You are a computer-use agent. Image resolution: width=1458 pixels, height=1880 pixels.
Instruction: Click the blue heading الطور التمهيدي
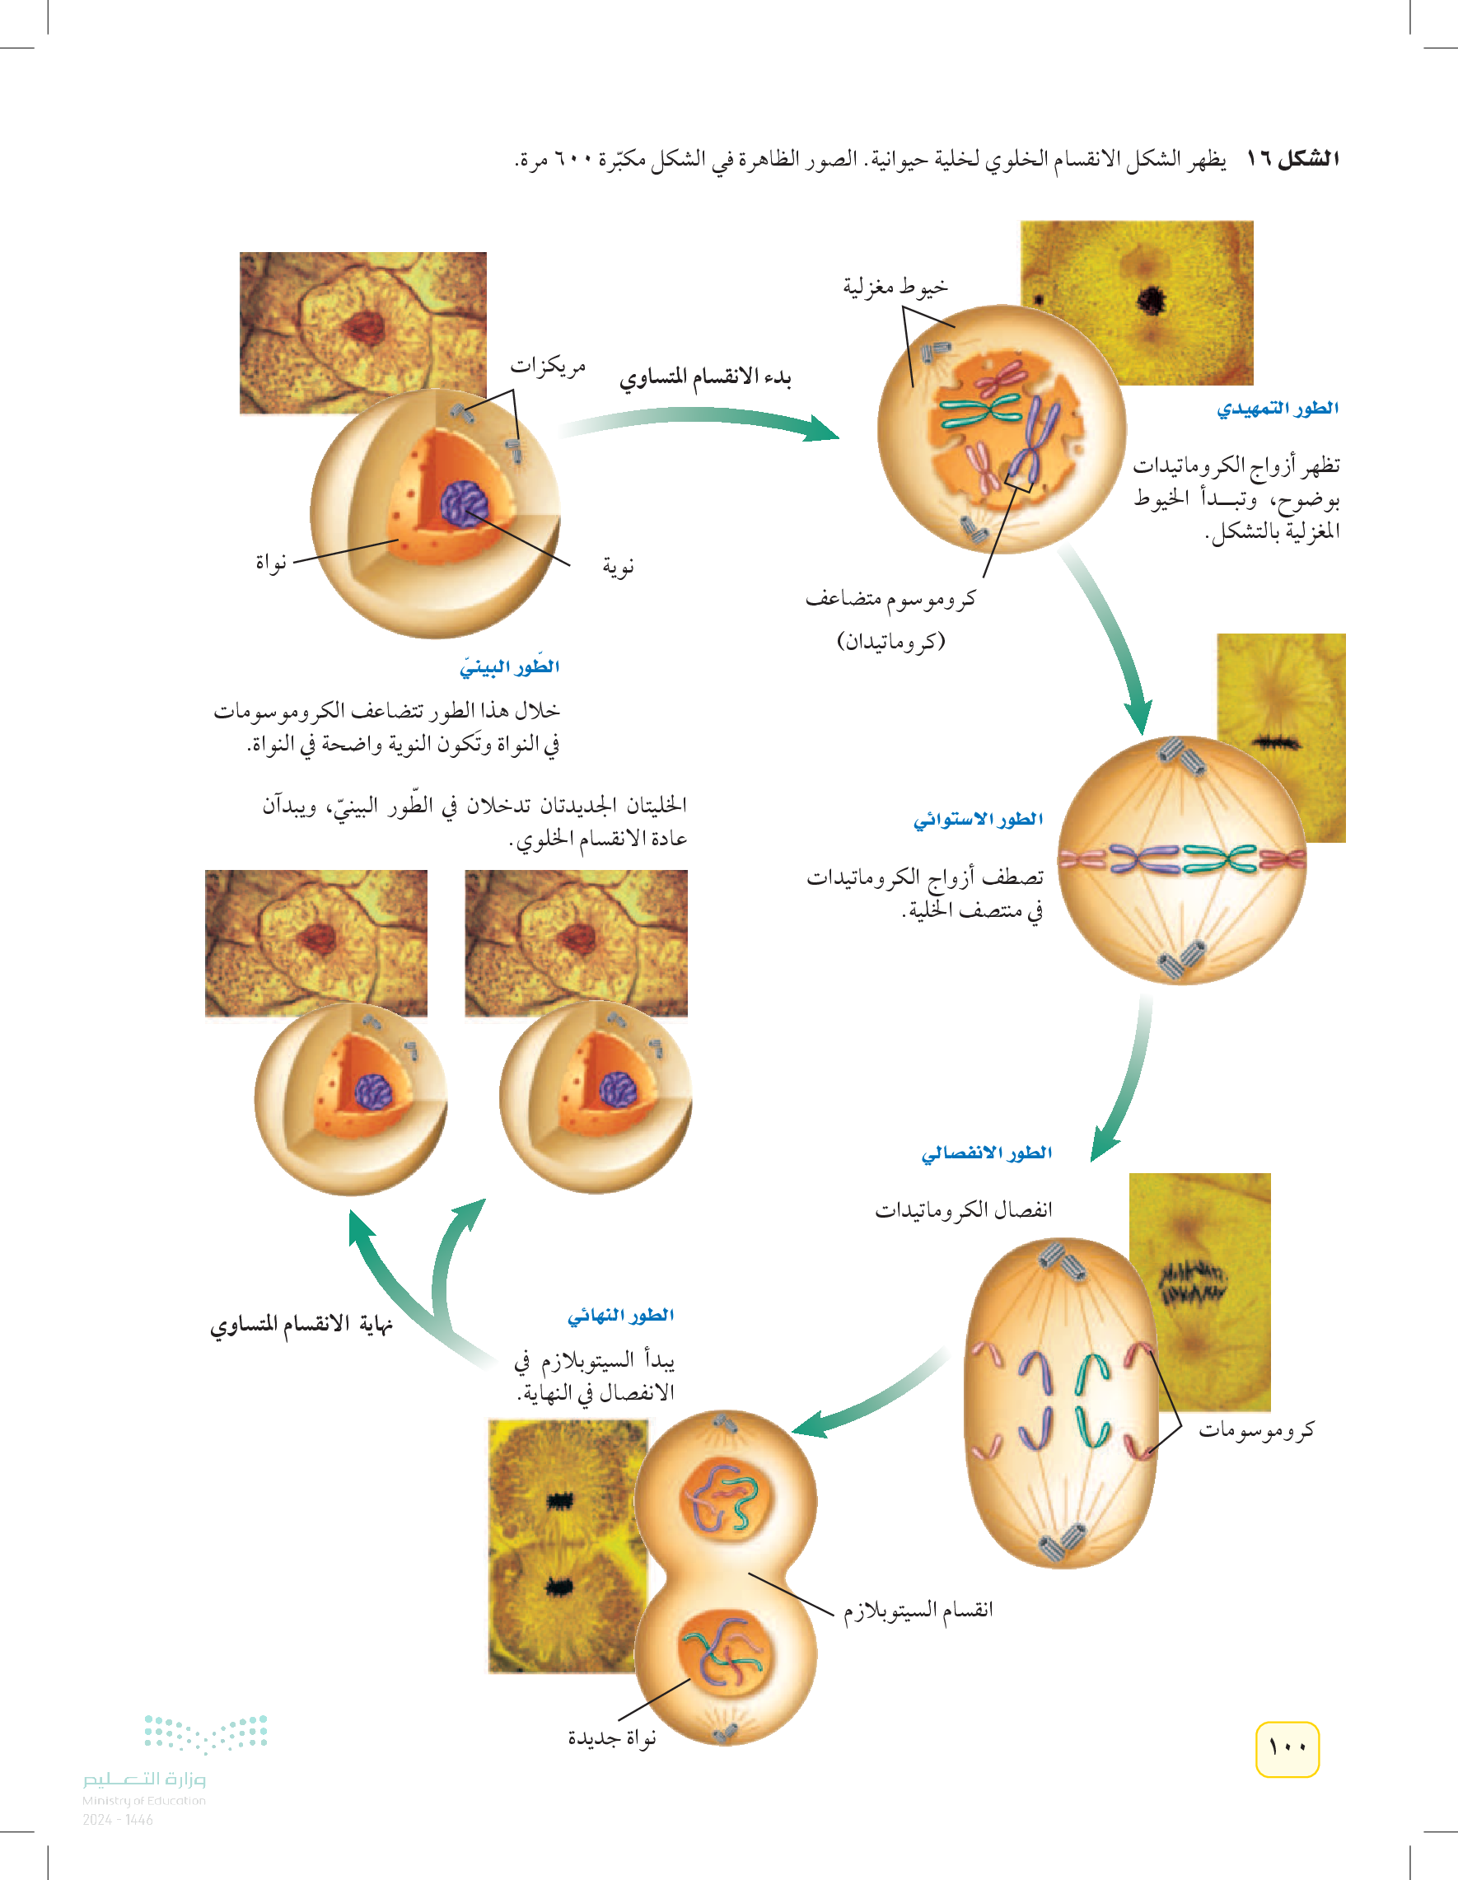click(1278, 408)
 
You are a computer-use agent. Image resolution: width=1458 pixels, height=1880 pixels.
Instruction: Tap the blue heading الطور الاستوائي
click(978, 820)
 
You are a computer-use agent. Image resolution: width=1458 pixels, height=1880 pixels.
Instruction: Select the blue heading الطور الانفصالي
click(986, 1153)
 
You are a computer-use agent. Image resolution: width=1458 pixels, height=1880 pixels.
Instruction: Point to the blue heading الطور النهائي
click(619, 1316)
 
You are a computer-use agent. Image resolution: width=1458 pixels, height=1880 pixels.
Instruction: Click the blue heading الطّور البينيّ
click(510, 666)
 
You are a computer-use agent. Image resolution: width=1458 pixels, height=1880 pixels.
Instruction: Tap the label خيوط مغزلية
click(895, 286)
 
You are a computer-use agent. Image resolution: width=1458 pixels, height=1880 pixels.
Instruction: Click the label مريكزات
click(549, 367)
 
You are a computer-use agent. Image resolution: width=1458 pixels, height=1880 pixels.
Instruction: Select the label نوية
click(618, 567)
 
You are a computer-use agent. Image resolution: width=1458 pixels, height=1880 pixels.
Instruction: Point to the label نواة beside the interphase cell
click(270, 563)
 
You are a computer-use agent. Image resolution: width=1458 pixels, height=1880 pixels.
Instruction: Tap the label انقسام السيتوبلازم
click(918, 1610)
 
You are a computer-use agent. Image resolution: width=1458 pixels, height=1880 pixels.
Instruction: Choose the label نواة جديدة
click(612, 1738)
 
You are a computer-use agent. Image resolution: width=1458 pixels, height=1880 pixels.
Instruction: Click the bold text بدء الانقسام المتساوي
click(705, 377)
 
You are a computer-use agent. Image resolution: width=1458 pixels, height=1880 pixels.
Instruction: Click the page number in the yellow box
click(1287, 1748)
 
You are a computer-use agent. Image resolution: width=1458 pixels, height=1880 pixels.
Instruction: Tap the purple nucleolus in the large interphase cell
click(465, 503)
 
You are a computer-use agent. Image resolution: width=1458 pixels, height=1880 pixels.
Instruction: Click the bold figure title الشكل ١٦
click(1292, 158)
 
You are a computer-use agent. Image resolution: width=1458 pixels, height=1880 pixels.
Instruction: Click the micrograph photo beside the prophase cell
click(1136, 302)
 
